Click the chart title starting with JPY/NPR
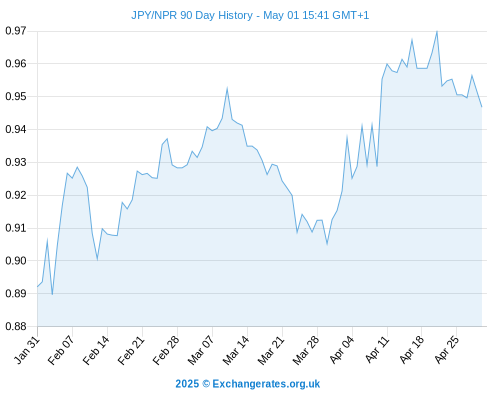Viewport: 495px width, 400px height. (250, 16)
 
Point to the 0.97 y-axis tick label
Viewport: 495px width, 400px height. (16, 31)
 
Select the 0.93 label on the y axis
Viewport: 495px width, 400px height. (16, 162)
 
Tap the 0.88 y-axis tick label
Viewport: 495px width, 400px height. (16, 326)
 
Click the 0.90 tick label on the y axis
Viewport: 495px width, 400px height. (16, 261)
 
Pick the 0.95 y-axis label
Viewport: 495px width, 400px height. (16, 97)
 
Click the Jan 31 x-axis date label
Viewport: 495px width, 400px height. (27, 350)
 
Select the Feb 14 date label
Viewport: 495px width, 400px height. (97, 350)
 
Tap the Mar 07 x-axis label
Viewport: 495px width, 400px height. (201, 350)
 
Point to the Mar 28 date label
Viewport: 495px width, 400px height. (306, 350)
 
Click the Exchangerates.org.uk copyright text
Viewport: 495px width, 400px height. (248, 384)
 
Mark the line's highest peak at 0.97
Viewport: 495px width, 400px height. (437, 31)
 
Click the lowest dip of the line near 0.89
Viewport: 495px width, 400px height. (52, 295)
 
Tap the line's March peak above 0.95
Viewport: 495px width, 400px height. (227, 88)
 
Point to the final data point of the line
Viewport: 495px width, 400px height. (482, 107)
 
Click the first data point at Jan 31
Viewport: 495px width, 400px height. (37, 287)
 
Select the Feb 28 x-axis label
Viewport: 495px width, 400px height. (166, 350)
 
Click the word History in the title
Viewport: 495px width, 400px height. (235, 16)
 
